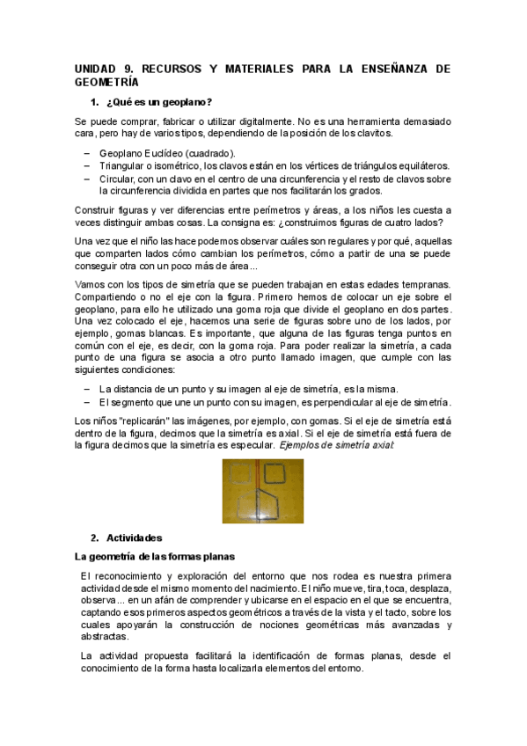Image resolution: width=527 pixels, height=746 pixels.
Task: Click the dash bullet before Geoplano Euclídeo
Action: coord(87,153)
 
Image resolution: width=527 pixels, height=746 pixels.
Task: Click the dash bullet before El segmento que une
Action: coord(87,402)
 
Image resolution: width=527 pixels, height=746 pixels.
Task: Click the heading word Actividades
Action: coord(134,537)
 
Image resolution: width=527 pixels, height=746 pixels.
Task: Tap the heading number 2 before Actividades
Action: coord(94,537)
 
